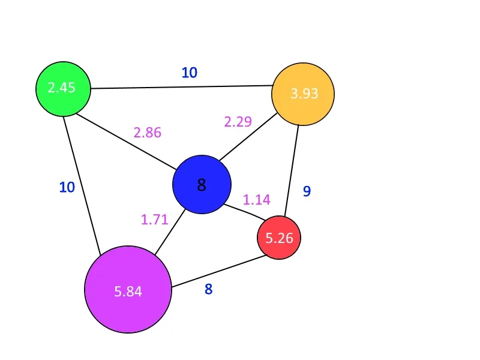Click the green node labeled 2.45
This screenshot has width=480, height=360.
[x=63, y=88]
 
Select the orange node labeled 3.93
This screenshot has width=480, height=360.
[x=303, y=94]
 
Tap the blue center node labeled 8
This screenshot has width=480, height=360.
[x=202, y=185]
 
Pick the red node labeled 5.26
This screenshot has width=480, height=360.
[x=279, y=238]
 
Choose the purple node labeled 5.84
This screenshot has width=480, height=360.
[x=128, y=289]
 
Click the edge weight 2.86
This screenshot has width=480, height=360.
[x=148, y=133]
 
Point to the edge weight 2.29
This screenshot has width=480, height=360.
[x=238, y=122]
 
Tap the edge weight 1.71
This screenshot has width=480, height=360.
[x=155, y=219]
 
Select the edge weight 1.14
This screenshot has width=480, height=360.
[x=256, y=200]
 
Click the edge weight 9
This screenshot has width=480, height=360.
[x=307, y=191]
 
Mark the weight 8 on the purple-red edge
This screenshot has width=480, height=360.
[x=208, y=289]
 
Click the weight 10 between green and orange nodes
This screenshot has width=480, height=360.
[x=190, y=73]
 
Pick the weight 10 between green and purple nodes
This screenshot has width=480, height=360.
[x=67, y=187]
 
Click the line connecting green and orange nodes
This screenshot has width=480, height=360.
[x=180, y=87]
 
